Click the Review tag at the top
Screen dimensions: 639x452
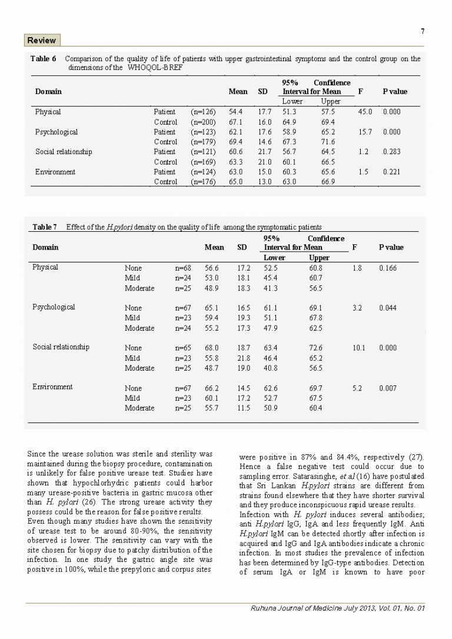pos(42,41)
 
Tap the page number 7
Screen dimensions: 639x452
pos(423,32)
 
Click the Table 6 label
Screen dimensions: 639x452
pos(44,59)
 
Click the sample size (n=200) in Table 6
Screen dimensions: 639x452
pos(204,122)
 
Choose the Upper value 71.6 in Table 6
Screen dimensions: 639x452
pos(328,142)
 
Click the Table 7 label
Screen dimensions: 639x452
pos(45,227)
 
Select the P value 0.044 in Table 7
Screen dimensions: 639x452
pos(388,308)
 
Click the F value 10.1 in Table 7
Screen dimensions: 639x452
pos(359,348)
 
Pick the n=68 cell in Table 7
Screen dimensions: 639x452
pos(183,268)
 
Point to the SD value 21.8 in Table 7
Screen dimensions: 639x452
pos(243,358)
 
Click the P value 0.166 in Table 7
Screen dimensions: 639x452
pos(388,268)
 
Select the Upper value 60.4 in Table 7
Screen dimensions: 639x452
pos(315,408)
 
